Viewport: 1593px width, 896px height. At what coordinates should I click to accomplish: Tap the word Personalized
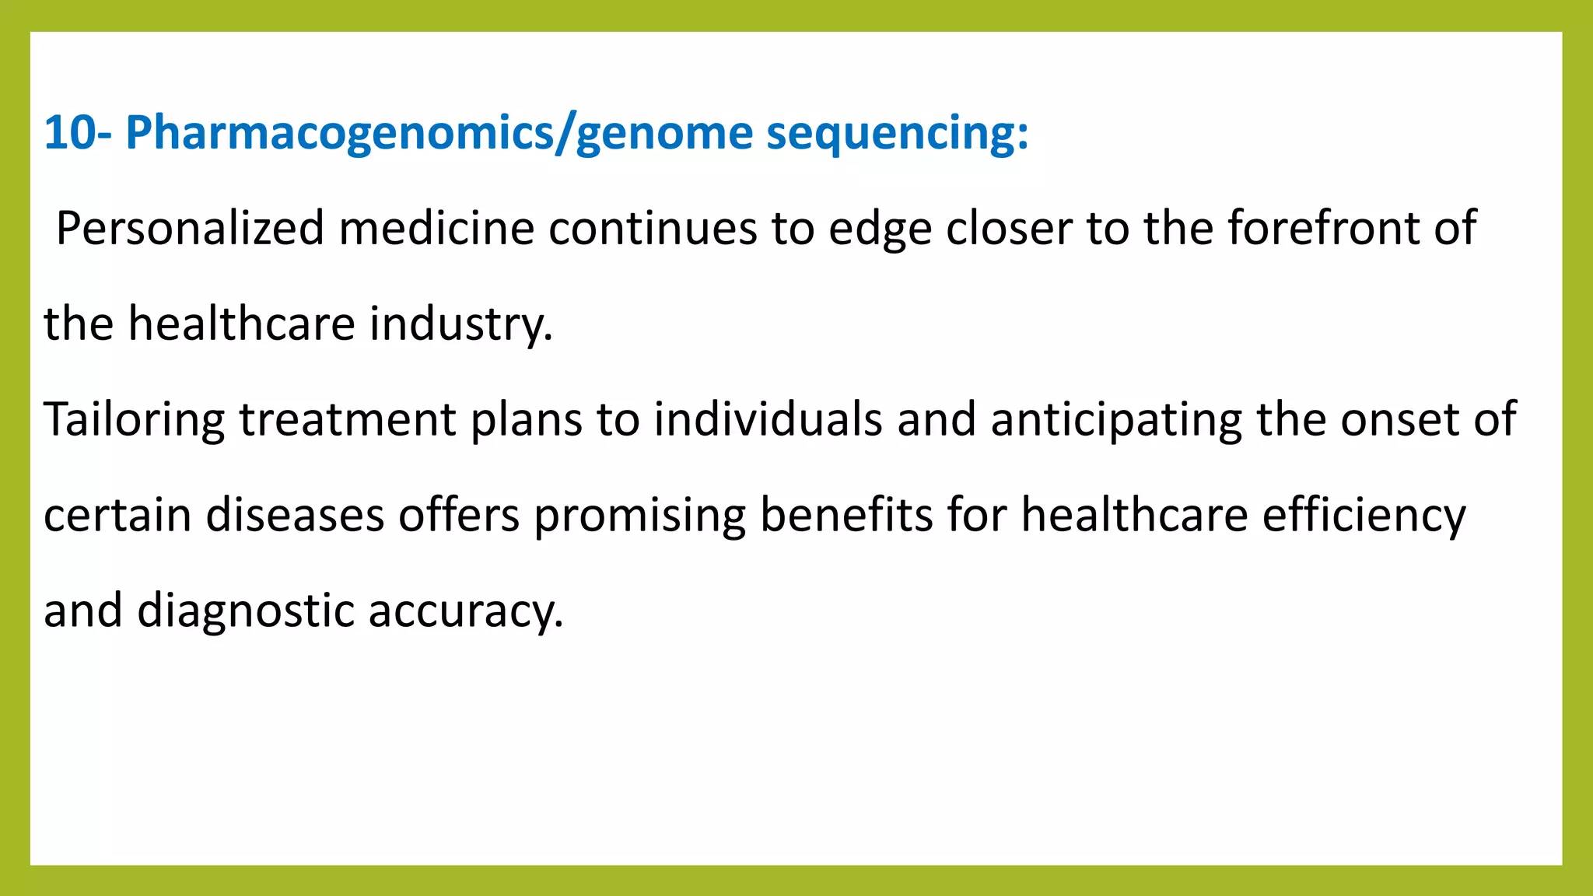[190, 229]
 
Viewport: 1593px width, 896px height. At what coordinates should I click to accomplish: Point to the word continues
[653, 229]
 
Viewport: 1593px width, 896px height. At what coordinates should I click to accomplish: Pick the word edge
[880, 229]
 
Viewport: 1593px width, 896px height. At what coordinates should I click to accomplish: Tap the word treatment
[347, 420]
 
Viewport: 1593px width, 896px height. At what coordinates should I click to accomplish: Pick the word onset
[1399, 420]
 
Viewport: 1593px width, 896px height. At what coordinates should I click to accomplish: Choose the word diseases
[295, 516]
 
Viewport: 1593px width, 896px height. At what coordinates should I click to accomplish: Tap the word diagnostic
[246, 611]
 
